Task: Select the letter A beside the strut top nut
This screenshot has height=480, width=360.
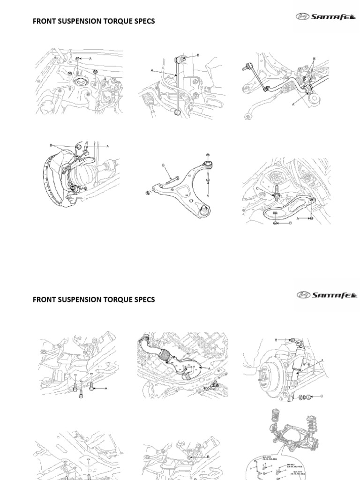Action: pos(90,58)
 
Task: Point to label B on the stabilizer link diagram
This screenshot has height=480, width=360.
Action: pos(198,55)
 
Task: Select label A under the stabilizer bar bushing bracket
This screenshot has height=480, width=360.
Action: pos(293,105)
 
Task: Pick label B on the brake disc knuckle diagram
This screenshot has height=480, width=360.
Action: pos(50,145)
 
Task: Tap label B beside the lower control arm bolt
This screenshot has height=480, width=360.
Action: pos(164,165)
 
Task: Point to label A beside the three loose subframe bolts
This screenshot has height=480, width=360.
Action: pos(106,389)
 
